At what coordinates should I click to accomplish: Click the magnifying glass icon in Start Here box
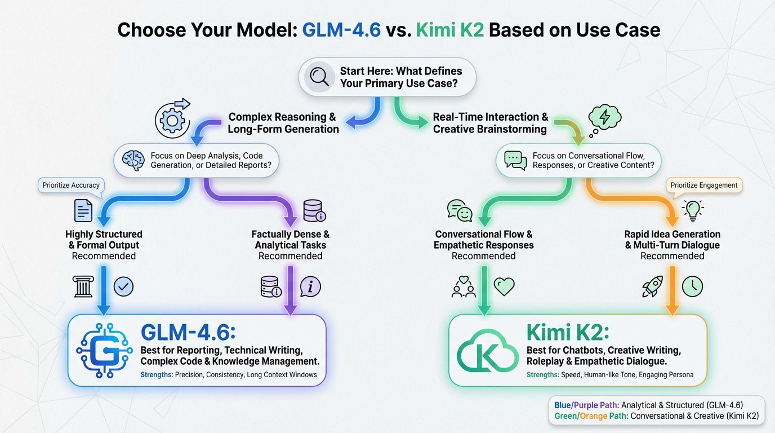[x=319, y=77]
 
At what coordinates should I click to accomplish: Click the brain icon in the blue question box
[x=133, y=161]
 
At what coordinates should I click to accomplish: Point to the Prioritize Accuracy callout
[x=71, y=185]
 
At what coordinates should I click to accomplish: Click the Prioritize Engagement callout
[x=703, y=185]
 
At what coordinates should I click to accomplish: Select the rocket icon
[x=652, y=287]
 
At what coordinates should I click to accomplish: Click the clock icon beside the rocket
[x=692, y=287]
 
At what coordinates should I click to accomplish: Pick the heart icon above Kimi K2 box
[x=504, y=287]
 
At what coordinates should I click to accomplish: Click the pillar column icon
[x=83, y=287]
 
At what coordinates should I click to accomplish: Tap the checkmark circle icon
[x=123, y=287]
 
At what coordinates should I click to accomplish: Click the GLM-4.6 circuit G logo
[x=103, y=350]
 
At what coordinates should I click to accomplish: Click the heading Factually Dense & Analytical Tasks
[x=290, y=240]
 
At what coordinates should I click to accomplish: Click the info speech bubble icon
[x=310, y=287]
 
